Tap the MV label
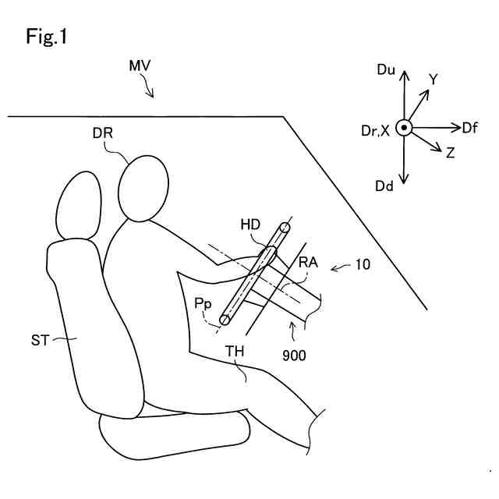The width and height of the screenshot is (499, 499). pyautogui.click(x=140, y=68)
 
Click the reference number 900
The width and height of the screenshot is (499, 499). pyautogui.click(x=295, y=355)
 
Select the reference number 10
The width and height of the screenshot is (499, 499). pyautogui.click(x=363, y=264)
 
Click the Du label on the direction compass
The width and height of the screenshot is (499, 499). pyautogui.click(x=386, y=70)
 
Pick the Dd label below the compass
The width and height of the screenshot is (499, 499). pyautogui.click(x=384, y=186)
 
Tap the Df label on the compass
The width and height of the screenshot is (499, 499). pyautogui.click(x=470, y=127)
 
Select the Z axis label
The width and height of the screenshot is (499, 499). pyautogui.click(x=450, y=154)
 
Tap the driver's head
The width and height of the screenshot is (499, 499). pyautogui.click(x=143, y=187)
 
